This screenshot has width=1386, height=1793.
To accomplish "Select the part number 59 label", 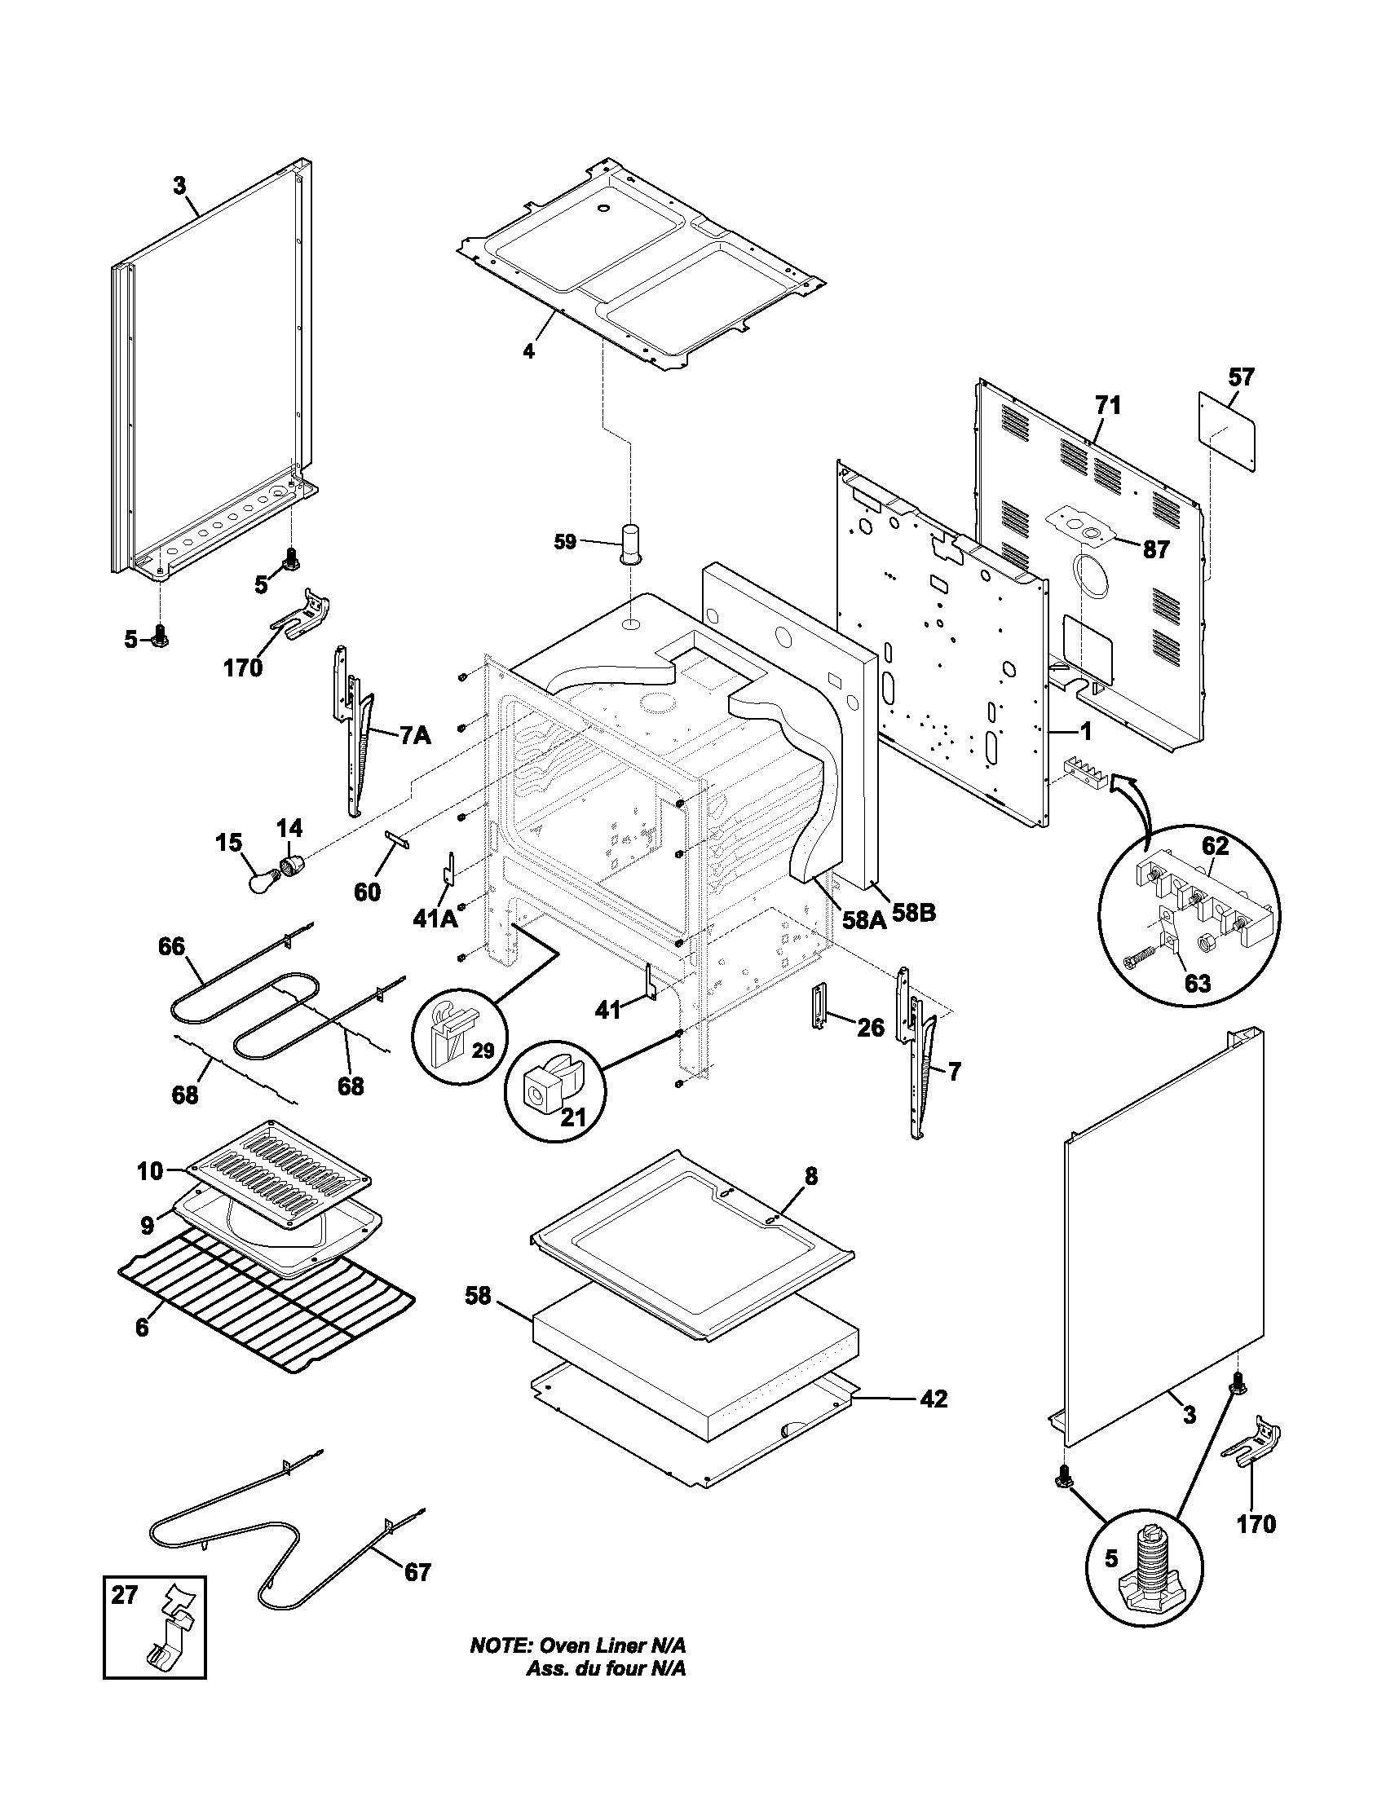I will point(565,542).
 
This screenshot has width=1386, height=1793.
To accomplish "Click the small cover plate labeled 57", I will point(1229,431).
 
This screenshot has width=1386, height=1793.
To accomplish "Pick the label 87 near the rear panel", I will point(1156,550).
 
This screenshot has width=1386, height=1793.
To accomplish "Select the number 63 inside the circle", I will point(1198,983).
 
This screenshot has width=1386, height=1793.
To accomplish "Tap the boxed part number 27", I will point(125,1594).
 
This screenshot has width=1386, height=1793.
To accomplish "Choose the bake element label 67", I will point(417,1571).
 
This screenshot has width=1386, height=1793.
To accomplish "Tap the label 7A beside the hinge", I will point(416,736).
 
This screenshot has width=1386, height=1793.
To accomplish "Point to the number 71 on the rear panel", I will point(1107,405).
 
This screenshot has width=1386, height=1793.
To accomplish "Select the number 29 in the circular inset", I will point(482,1051).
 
